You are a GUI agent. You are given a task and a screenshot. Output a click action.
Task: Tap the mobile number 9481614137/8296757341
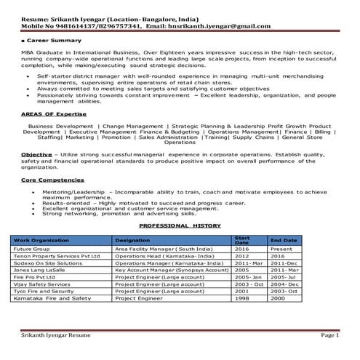[x=88, y=25]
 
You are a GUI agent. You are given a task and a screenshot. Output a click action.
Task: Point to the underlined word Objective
[x=36, y=154]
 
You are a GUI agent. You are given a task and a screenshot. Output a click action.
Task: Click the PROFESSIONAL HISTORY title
[x=179, y=226]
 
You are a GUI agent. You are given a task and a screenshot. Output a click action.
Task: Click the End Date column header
[x=283, y=240]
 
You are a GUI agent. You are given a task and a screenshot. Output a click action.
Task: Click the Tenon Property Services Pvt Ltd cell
[x=55, y=256]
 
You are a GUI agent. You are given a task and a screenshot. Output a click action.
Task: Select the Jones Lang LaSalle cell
[x=40, y=269]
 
